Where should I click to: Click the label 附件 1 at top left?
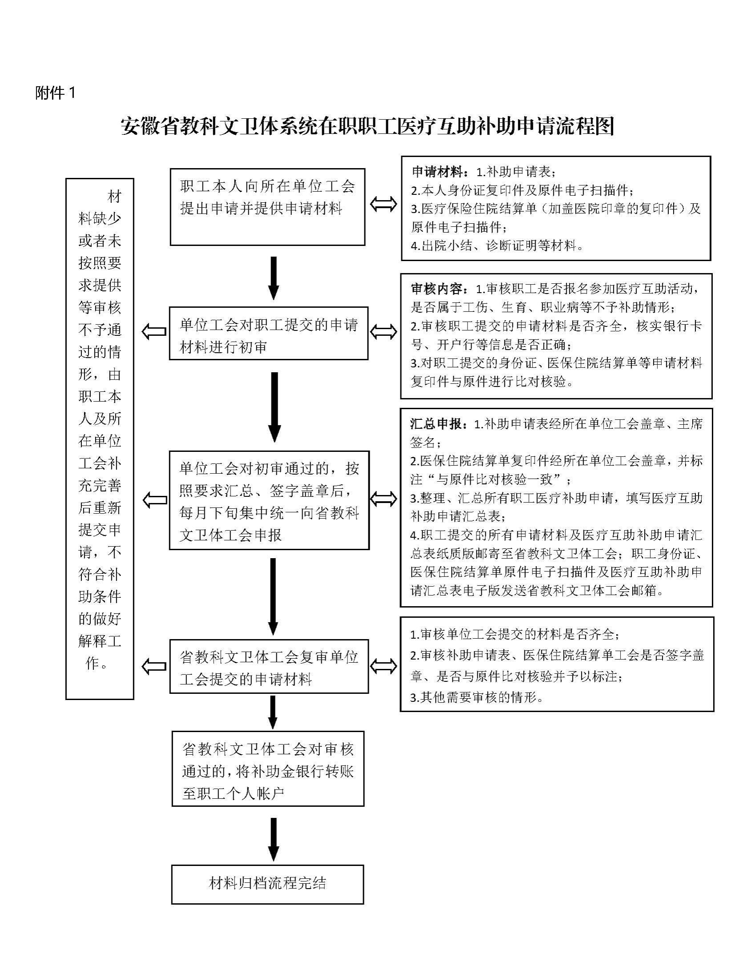point(56,93)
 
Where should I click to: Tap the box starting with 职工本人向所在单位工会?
point(267,207)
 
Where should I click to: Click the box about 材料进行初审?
point(268,334)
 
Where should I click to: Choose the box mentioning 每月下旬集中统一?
point(269,501)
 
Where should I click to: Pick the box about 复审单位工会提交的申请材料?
point(269,667)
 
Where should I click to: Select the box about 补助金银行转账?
point(268,769)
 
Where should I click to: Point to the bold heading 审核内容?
point(439,290)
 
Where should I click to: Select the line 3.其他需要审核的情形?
point(477,697)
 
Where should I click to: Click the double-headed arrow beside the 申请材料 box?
point(384,205)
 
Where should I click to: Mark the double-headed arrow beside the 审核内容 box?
point(384,332)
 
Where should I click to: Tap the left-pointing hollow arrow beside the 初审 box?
point(154,332)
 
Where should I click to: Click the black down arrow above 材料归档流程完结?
point(274,839)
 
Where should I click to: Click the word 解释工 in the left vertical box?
point(100,641)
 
